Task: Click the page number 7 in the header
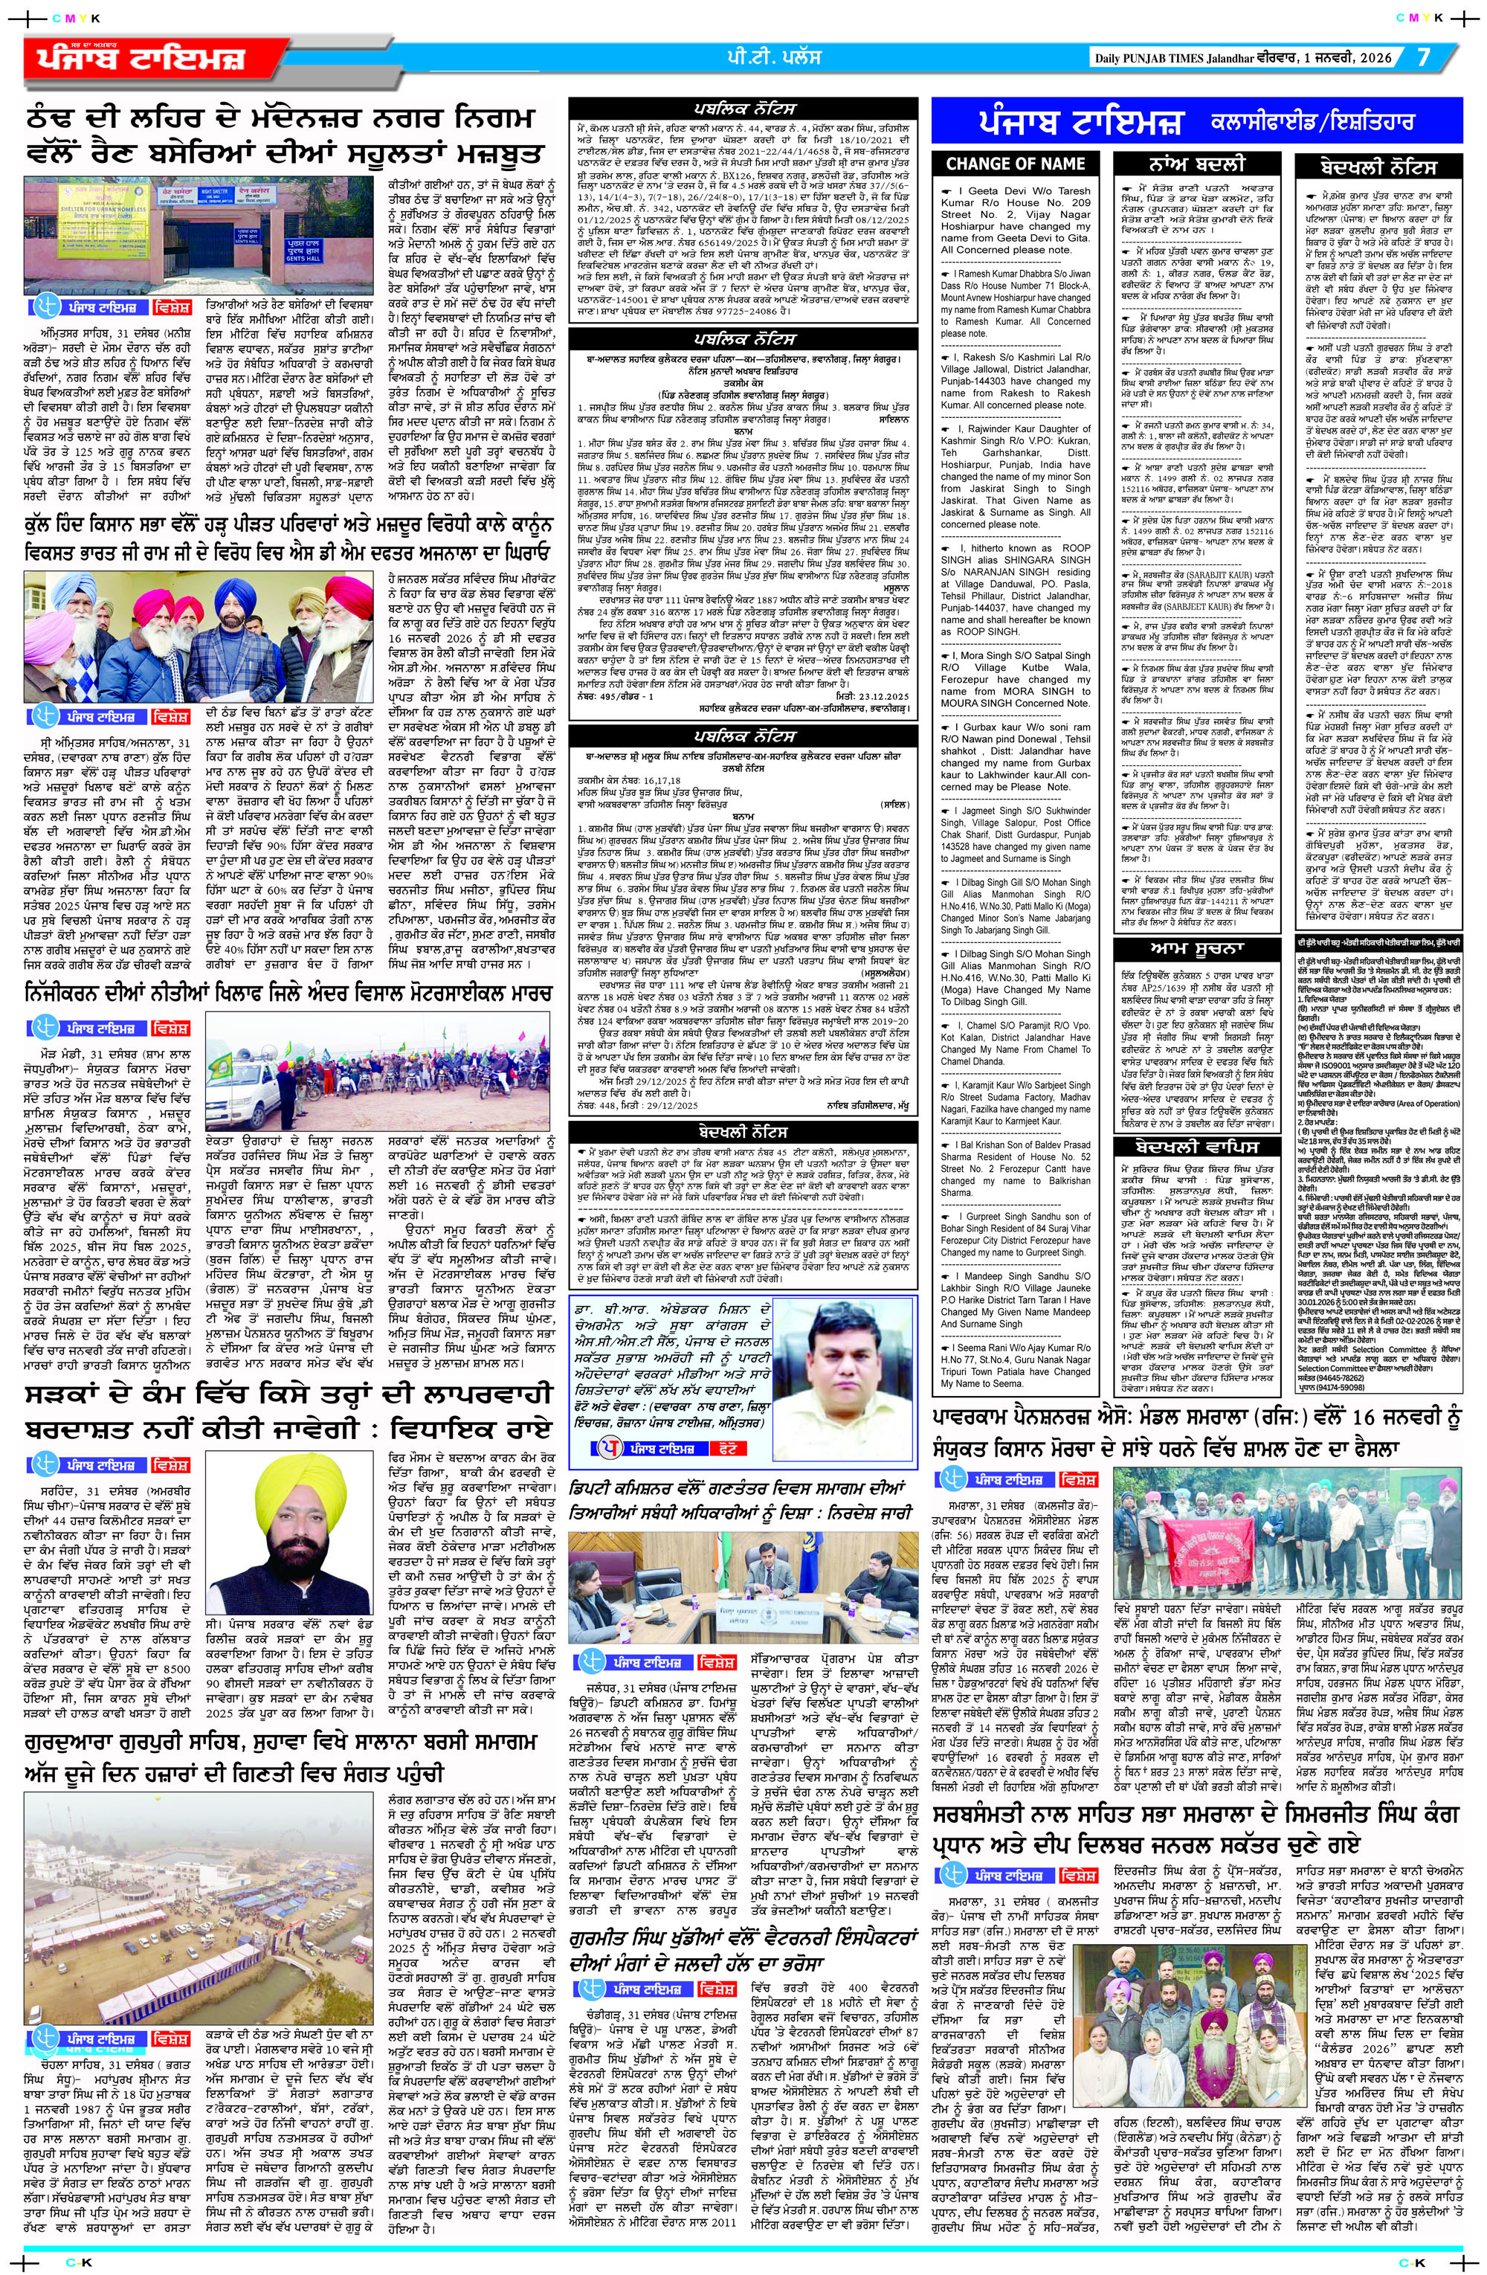(x=1423, y=57)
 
